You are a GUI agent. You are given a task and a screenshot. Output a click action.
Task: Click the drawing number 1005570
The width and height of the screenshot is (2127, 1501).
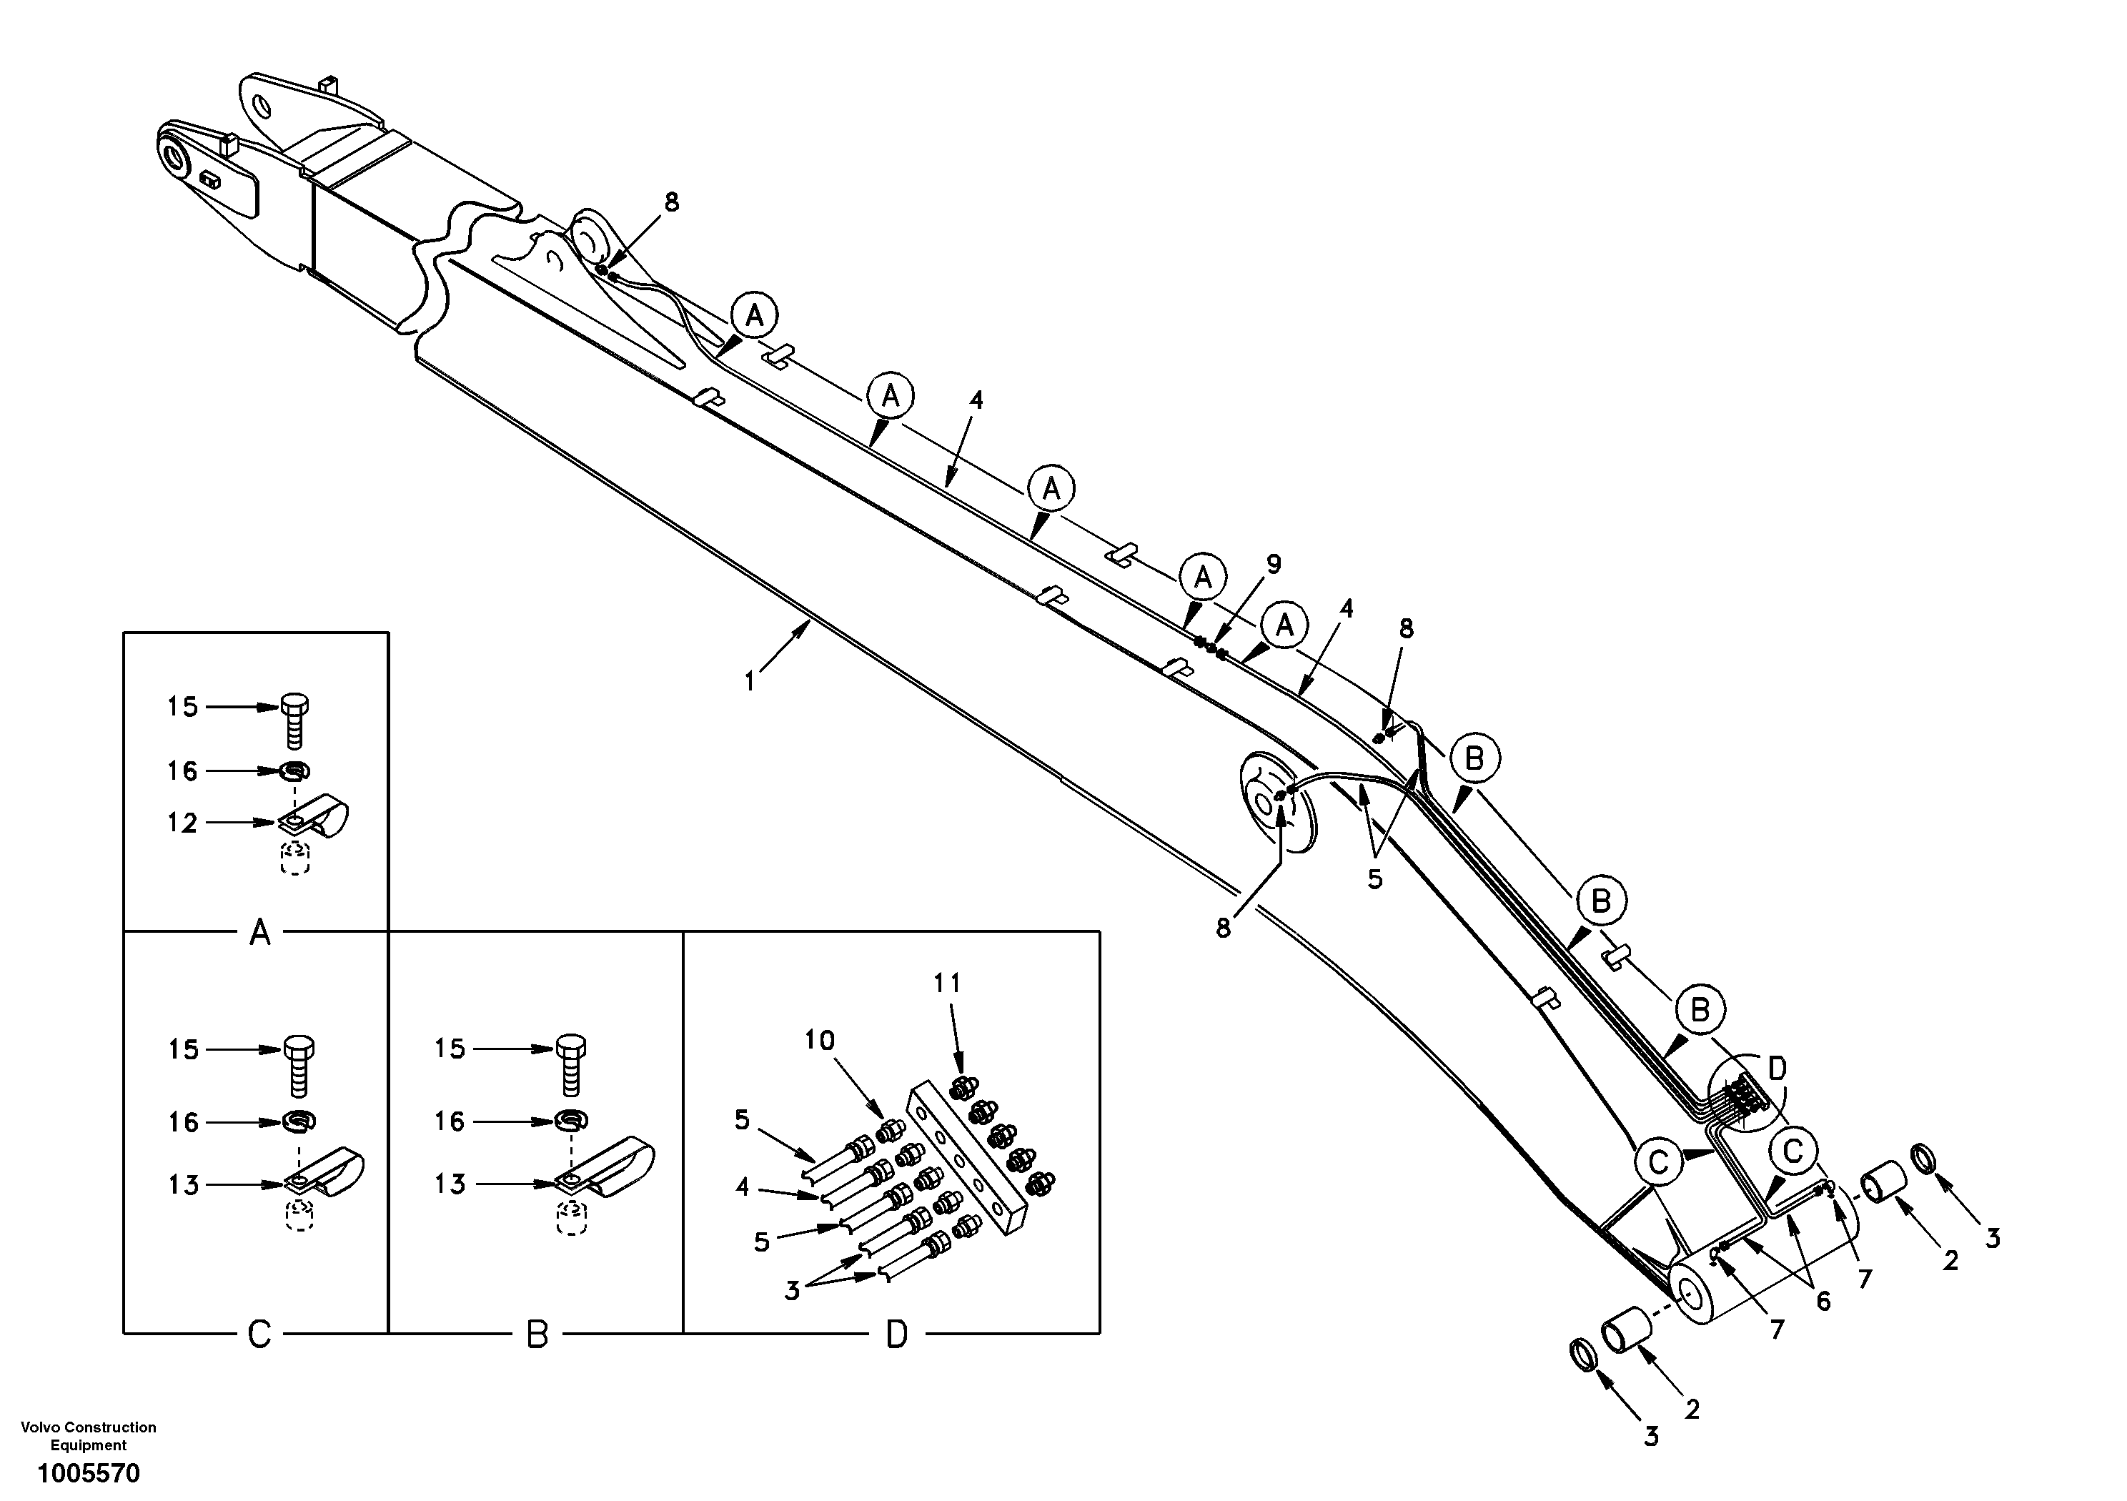pos(89,1472)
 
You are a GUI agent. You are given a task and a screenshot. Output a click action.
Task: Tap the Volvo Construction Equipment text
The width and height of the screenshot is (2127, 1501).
pos(89,1435)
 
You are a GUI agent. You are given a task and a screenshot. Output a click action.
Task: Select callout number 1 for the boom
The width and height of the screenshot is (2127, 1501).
pos(750,682)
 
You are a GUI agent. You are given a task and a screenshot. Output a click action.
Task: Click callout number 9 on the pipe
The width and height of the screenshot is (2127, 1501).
pos(1274,564)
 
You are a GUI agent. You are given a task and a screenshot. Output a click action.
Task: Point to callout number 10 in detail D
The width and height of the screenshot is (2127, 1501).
pos(819,1041)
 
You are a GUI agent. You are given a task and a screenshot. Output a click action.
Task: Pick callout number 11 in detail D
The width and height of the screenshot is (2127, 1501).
pos(947,983)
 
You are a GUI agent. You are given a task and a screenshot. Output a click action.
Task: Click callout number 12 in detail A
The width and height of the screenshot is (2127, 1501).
pos(182,823)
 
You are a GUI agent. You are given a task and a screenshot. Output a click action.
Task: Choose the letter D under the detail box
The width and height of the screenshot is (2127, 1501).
pos(897,1334)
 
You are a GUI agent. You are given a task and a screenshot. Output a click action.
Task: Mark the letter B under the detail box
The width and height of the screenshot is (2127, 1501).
pos(537,1334)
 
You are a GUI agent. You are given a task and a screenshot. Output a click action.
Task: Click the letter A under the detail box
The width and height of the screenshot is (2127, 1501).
pos(260,932)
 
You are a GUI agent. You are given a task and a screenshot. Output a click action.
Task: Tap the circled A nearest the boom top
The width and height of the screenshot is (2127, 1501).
pos(755,317)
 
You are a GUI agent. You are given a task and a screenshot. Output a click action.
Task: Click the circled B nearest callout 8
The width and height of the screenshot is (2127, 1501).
pos(1474,758)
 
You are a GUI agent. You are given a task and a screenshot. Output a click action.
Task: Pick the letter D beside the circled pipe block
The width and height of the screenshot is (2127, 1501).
pos(1777,1069)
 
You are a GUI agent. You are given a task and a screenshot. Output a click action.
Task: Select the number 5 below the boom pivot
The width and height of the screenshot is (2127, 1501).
pos(1375,879)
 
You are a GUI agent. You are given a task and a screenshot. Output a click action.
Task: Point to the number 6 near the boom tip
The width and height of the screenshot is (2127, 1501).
pos(1823,1301)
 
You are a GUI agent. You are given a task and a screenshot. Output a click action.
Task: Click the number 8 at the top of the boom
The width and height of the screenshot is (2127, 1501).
pos(672,202)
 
